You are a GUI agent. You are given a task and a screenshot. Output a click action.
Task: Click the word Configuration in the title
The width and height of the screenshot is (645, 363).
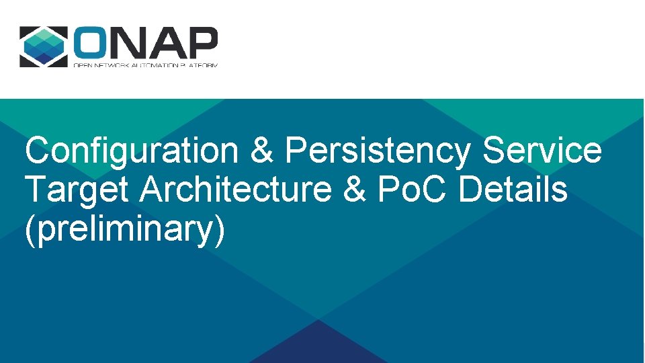[x=131, y=151]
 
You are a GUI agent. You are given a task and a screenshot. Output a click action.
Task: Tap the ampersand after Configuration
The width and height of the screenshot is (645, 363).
[x=261, y=151]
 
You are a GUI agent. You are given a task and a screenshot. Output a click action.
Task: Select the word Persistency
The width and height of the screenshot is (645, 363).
[x=377, y=151]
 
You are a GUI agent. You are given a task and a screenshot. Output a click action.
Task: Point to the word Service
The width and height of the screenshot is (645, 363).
[x=542, y=151]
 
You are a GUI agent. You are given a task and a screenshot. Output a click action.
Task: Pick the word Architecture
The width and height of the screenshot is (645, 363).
[x=236, y=190]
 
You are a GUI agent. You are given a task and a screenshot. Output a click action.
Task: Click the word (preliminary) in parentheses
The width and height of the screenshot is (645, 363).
[x=124, y=229]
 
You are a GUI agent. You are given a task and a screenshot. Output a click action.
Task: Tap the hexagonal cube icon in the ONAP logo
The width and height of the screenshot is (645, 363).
[x=43, y=46]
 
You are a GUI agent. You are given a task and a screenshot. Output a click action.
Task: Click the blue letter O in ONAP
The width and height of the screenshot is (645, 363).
[x=91, y=44]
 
